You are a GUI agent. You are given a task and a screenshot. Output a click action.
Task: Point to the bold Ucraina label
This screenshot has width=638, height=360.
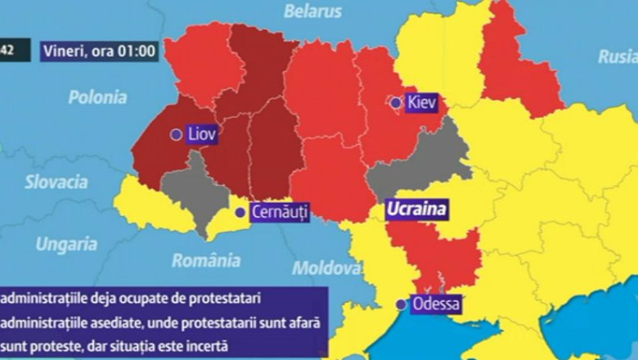tap(416, 209)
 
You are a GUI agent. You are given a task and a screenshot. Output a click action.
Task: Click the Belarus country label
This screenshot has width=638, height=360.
tap(312, 11)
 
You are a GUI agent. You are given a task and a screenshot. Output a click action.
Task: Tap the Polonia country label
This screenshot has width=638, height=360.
tap(97, 97)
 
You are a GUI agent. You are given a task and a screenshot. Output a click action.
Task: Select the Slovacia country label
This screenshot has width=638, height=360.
tap(56, 182)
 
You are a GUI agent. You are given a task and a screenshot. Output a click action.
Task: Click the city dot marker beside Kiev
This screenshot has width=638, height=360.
tap(396, 103)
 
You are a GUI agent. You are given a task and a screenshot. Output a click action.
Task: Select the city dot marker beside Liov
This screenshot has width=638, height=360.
tap(176, 135)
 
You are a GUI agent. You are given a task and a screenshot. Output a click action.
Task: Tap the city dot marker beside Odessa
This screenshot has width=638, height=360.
tap(401, 304)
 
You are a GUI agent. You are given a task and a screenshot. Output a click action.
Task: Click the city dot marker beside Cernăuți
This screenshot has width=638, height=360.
tap(240, 212)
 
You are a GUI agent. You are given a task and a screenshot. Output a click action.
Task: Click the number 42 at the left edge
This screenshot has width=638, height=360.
tap(7, 50)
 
